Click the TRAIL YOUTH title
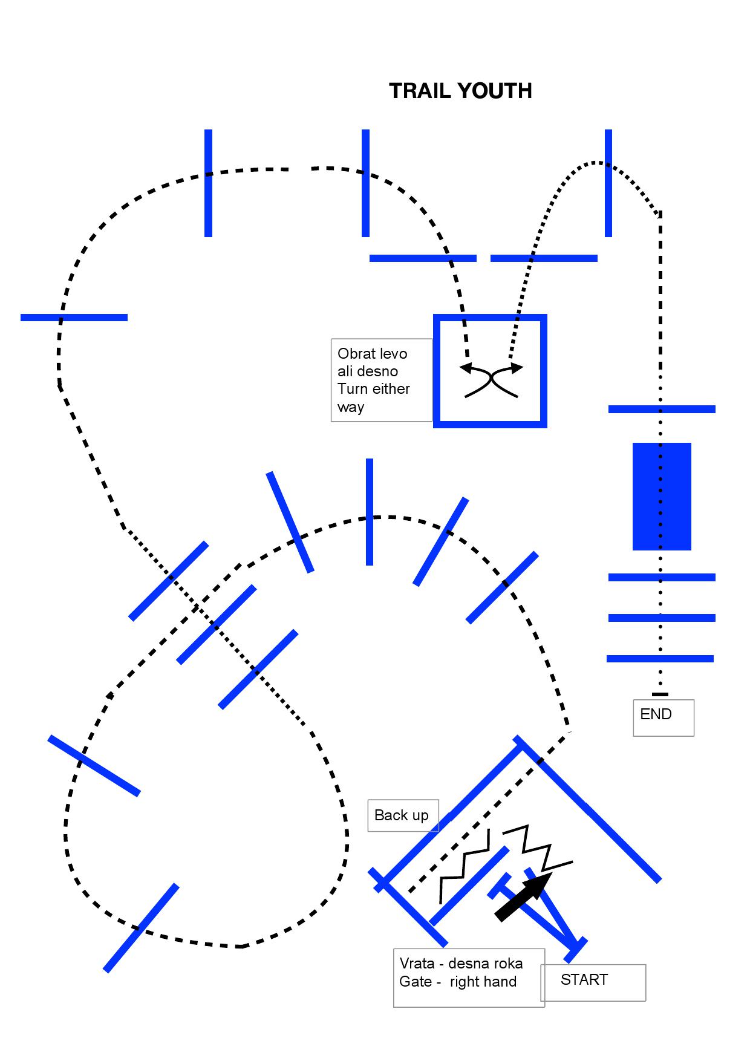click(460, 91)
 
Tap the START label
click(584, 979)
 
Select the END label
click(656, 714)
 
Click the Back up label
click(402, 815)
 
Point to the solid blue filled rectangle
click(662, 497)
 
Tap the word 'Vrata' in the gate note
click(417, 963)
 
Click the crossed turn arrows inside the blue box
click(491, 380)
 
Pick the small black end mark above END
click(660, 694)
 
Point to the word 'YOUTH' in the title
click(496, 91)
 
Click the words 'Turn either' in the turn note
click(374, 389)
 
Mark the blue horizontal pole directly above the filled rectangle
click(662, 410)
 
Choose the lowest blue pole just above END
click(660, 659)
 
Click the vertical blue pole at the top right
click(608, 183)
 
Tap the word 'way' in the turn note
click(351, 407)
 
